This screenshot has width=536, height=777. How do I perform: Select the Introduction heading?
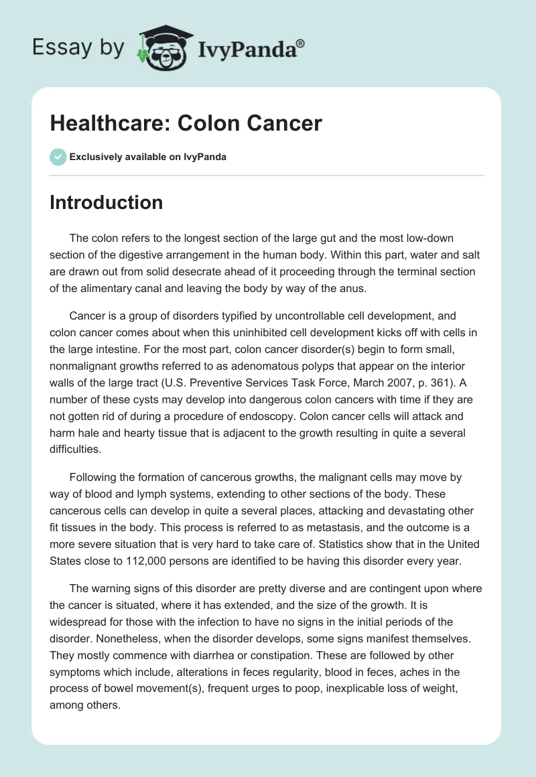pyautogui.click(x=106, y=202)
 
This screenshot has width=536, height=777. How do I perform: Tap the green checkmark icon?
pyautogui.click(x=58, y=157)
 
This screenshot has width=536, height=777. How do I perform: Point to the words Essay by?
pyautogui.click(x=78, y=47)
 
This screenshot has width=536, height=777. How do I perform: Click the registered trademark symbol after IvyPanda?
pyautogui.click(x=301, y=44)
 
